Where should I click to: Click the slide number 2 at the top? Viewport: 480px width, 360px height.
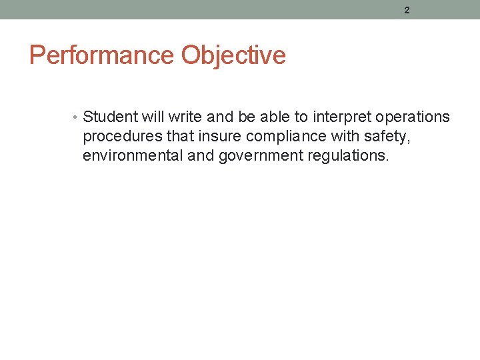click(407, 9)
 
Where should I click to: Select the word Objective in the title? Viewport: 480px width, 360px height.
click(233, 55)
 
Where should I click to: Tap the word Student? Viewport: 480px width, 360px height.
click(109, 117)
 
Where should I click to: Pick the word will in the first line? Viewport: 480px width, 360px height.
click(152, 117)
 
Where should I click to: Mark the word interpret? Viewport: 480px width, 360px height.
click(342, 118)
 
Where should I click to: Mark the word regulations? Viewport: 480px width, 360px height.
click(351, 157)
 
